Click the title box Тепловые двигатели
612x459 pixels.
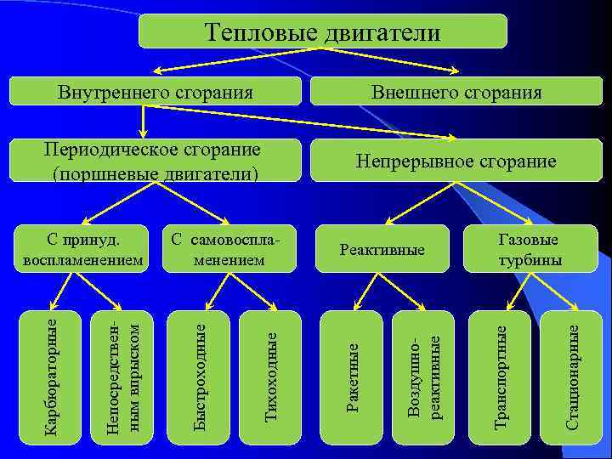pos(323,31)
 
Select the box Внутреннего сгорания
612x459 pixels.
pos(156,91)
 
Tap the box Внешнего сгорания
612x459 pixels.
pos(456,91)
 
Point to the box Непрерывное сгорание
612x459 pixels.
pos(456,161)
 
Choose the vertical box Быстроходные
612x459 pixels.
pos(198,377)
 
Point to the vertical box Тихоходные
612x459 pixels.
pos(271,377)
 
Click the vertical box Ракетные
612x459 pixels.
pos(353,377)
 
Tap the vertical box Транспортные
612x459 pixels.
pos(501,377)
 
